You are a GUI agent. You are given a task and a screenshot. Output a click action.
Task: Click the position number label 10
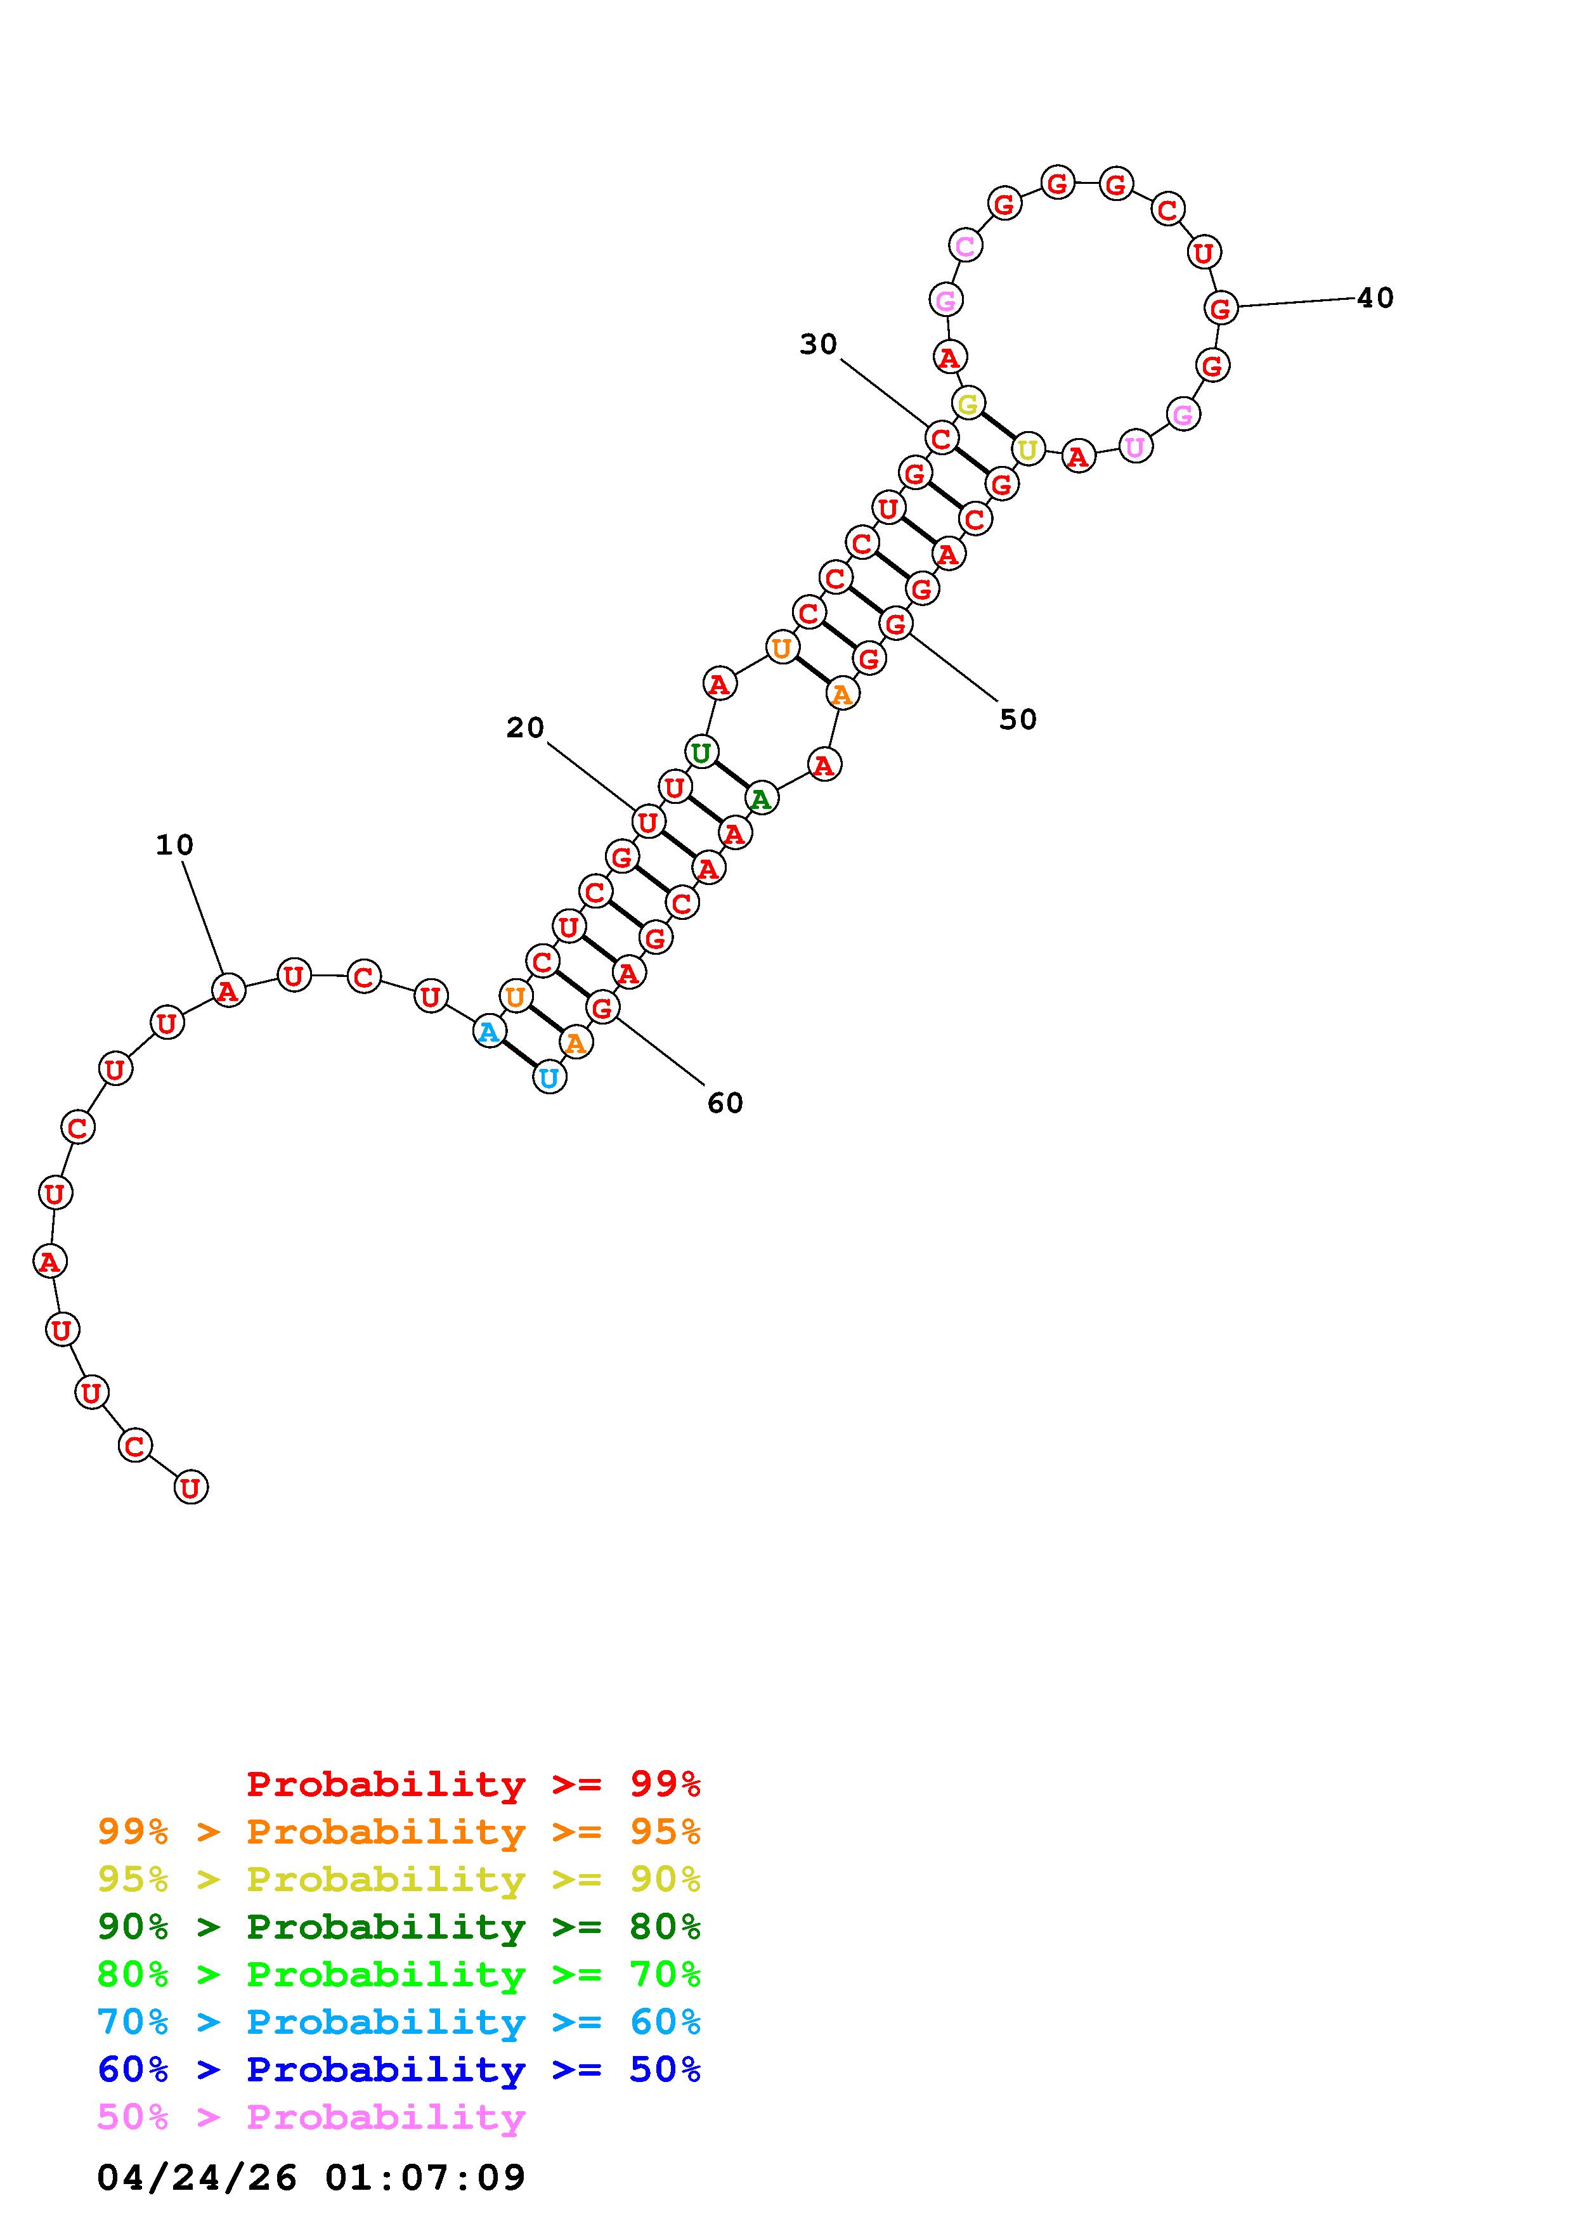pyautogui.click(x=174, y=846)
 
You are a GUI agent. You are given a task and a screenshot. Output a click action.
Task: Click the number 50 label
pyautogui.click(x=1018, y=719)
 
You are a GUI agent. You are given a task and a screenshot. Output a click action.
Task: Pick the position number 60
pyautogui.click(x=725, y=1102)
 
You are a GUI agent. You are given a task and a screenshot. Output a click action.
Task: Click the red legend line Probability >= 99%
pyautogui.click(x=474, y=1784)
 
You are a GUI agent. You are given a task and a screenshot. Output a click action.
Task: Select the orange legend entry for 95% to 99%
pyautogui.click(x=399, y=1832)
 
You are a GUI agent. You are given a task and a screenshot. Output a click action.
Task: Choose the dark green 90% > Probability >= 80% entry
pyautogui.click(x=399, y=1927)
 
